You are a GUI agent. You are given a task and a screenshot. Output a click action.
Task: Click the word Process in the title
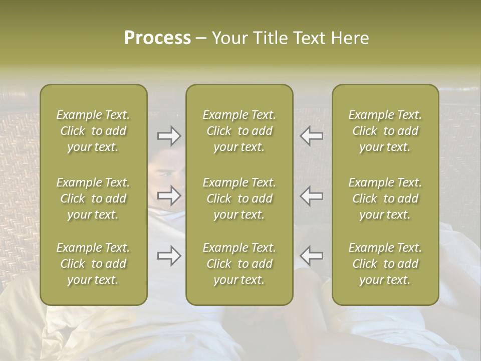coord(157,38)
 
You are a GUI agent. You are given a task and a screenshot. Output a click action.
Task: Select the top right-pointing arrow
coord(169,136)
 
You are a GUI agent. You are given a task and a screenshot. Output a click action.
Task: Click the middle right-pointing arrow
coord(169,196)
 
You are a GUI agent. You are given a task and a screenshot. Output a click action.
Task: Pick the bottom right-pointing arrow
coord(169,256)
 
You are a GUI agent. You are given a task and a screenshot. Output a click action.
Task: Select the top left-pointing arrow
coord(311,136)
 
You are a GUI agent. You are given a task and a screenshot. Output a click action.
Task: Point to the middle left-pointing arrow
coord(311,196)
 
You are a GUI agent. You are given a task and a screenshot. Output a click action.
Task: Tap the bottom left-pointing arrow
coord(311,256)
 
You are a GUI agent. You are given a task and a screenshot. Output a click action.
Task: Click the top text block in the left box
coord(93,131)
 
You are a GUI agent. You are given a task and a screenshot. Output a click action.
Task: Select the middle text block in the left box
coord(93,199)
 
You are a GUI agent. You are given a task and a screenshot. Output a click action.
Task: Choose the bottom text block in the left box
coord(93,264)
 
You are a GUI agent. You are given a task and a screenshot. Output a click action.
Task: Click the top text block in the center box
coord(239,131)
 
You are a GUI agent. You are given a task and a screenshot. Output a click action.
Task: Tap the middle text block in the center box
coord(239,199)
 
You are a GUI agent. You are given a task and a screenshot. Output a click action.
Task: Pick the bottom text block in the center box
coord(239,264)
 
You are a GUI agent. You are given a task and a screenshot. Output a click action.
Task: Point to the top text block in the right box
coord(385,131)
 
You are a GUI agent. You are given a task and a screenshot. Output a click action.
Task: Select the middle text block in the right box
coord(385,199)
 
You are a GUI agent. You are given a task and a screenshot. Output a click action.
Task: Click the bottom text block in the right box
coord(385,264)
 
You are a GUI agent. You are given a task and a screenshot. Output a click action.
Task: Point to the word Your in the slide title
coord(229,38)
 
